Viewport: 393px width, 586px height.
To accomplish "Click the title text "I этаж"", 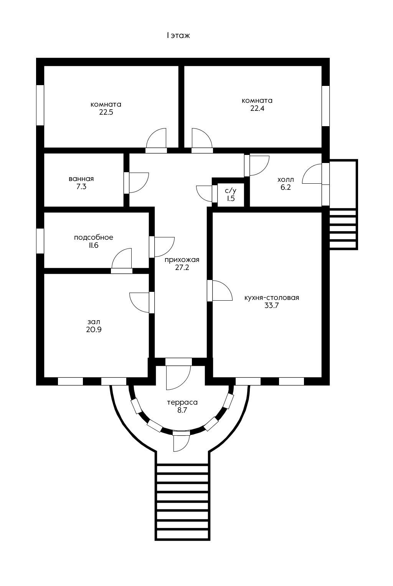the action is click(x=178, y=36).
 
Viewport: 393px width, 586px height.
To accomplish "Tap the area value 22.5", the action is click(x=106, y=112).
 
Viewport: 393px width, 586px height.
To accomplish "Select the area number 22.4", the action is click(x=257, y=109).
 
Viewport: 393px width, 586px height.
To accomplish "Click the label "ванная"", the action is click(x=81, y=179).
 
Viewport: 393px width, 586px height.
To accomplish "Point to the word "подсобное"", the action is click(x=94, y=237).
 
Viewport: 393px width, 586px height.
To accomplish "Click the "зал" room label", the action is click(x=94, y=321).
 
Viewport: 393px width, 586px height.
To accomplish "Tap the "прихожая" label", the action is click(x=182, y=260).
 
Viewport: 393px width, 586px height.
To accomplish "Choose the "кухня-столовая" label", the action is click(x=272, y=298).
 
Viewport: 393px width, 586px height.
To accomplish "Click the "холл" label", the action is click(x=286, y=179).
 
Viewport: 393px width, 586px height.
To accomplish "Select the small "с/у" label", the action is click(x=230, y=191).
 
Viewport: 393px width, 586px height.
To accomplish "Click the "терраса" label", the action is click(x=182, y=402).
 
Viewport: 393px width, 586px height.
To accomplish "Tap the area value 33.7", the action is click(x=272, y=306).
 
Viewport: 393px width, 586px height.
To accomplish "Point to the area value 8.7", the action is click(x=182, y=410).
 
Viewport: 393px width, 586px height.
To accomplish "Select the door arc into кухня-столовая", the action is click(x=221, y=290).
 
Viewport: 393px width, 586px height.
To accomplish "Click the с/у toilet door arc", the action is click(x=204, y=193).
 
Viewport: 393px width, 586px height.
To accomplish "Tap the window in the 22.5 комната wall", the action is click(x=40, y=105).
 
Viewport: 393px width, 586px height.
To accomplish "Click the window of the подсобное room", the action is click(x=40, y=240).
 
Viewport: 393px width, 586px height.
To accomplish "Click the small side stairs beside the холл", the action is click(x=343, y=229).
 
